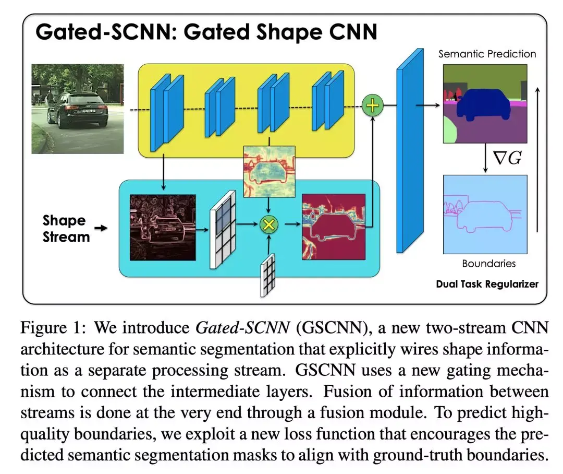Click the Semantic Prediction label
coord(487,54)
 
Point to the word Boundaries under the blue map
coord(488,264)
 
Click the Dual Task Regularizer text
coord(487,285)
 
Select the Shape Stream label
coord(66,229)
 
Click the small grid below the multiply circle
coord(267,275)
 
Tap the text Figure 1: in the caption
coord(50,329)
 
